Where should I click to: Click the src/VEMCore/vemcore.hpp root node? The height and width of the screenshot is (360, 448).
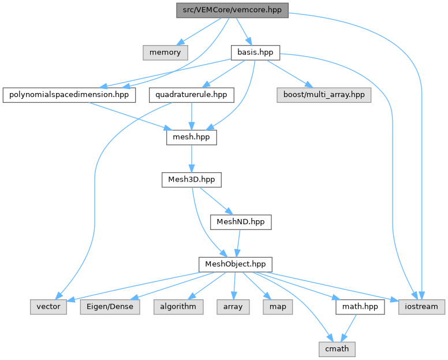(x=232, y=10)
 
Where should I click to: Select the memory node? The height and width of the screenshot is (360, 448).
(x=165, y=52)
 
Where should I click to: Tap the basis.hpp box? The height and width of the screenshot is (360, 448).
(x=255, y=52)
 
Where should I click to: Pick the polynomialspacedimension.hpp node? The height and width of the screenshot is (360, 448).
(x=69, y=94)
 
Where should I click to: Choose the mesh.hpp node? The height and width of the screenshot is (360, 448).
(x=191, y=138)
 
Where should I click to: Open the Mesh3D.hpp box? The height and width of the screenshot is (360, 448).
(x=192, y=180)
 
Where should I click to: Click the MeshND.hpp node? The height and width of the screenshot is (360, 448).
(x=240, y=221)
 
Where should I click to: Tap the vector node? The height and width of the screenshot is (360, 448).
(x=48, y=306)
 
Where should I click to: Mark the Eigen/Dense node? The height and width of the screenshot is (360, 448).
(x=109, y=306)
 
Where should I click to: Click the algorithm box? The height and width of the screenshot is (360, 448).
(x=178, y=306)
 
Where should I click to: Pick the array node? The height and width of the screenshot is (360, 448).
(x=233, y=306)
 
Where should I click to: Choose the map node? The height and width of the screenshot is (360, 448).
(x=274, y=306)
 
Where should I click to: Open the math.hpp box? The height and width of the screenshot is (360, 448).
(x=360, y=306)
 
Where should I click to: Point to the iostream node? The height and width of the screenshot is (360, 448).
(x=421, y=306)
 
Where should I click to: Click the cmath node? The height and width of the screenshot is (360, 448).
(x=338, y=348)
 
